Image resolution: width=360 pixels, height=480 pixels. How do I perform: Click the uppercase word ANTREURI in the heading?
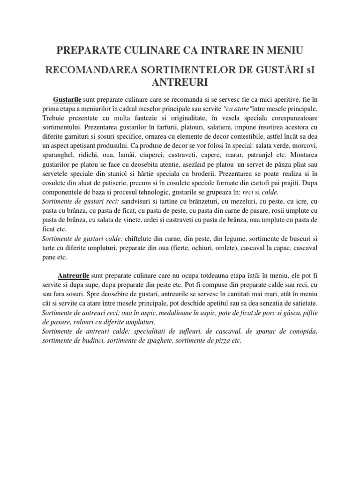(x=180, y=82)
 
